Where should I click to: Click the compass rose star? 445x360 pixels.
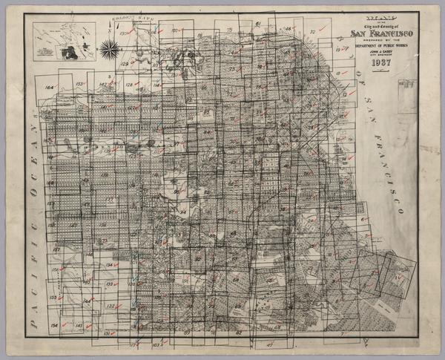[109, 50]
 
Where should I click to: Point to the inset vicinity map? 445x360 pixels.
[65, 44]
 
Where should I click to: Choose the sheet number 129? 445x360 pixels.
[125, 64]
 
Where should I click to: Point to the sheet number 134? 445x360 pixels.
[108, 265]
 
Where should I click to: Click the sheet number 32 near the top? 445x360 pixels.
[312, 32]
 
